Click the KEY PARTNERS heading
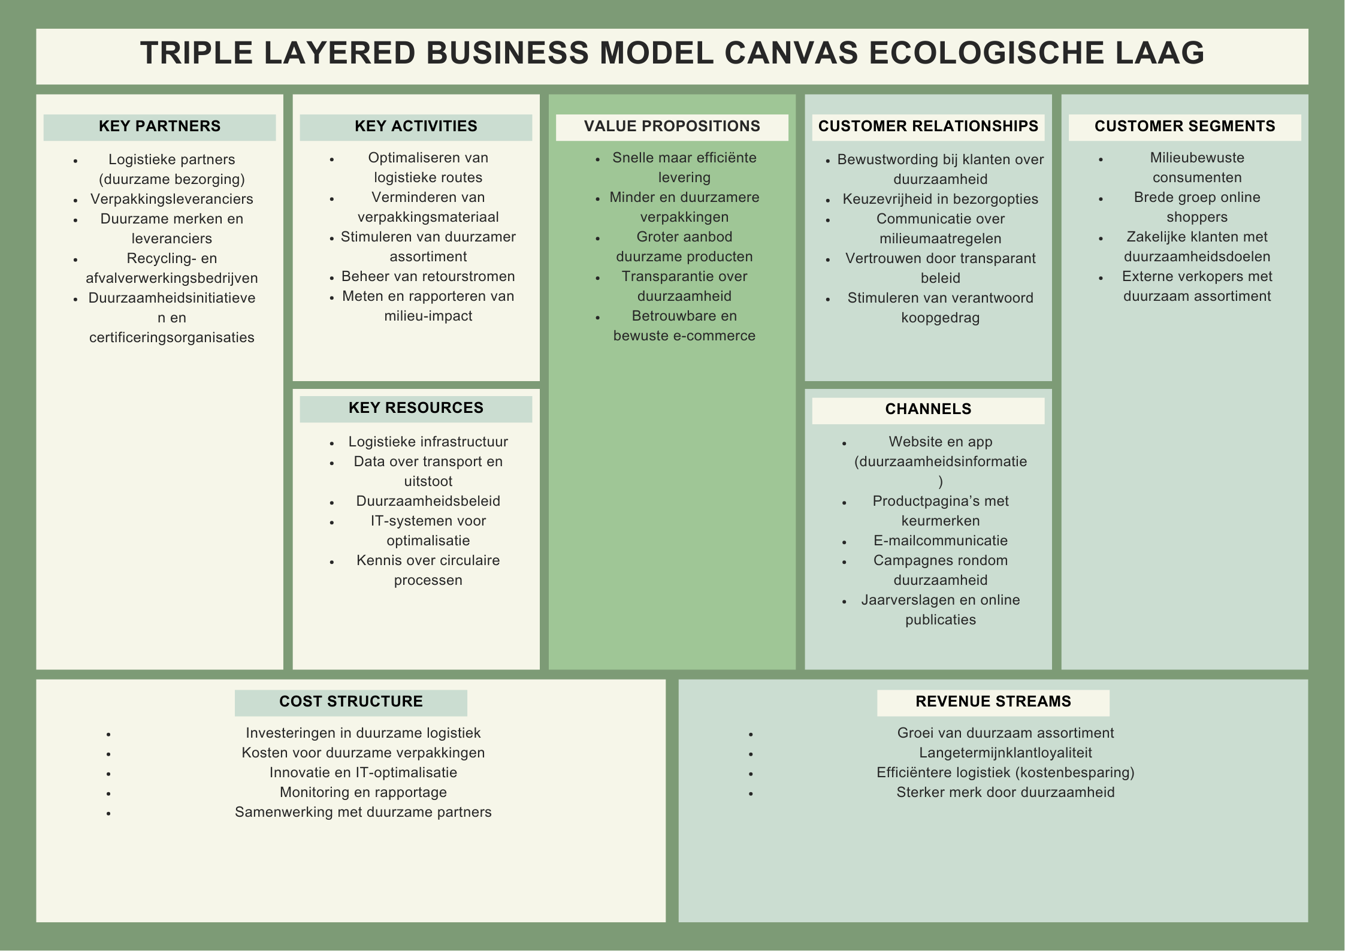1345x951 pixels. click(x=159, y=126)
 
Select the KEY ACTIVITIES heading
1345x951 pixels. click(x=416, y=126)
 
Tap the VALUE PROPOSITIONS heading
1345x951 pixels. click(x=672, y=126)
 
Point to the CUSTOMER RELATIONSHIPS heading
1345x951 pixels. click(x=928, y=126)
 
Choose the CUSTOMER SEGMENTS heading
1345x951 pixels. click(x=1184, y=126)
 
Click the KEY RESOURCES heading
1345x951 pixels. click(x=416, y=408)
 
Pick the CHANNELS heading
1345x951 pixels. click(x=928, y=409)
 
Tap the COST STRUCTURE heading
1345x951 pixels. click(x=350, y=702)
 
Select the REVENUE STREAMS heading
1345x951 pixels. click(x=993, y=702)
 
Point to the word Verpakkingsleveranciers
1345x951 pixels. click(x=171, y=199)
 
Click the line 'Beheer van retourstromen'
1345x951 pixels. click(x=428, y=276)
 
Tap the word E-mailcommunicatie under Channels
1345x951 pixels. click(x=940, y=541)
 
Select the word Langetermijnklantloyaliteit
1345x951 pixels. click(x=1005, y=753)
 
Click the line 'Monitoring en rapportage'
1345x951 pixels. click(x=363, y=792)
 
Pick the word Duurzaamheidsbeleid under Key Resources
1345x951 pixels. click(x=428, y=501)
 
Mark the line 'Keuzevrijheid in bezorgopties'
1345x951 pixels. click(x=940, y=199)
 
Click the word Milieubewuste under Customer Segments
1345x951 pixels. click(x=1196, y=158)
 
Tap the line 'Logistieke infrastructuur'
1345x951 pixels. click(x=428, y=442)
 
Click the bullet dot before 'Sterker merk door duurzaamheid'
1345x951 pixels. click(x=751, y=793)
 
